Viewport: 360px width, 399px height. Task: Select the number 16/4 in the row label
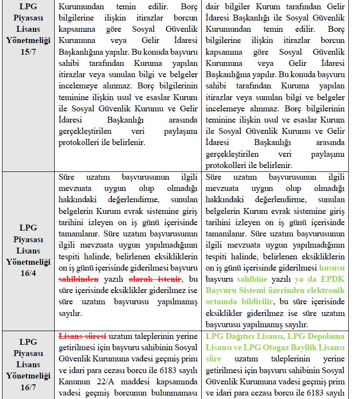point(28,273)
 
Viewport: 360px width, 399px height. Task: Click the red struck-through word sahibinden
point(79,280)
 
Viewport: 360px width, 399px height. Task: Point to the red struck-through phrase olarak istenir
point(154,280)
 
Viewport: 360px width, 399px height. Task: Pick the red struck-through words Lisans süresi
point(83,336)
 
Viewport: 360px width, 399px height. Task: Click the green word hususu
point(332,268)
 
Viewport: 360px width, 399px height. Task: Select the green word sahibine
point(253,280)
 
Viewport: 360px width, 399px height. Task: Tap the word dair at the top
point(213,7)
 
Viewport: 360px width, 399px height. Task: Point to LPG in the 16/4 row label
point(28,228)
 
